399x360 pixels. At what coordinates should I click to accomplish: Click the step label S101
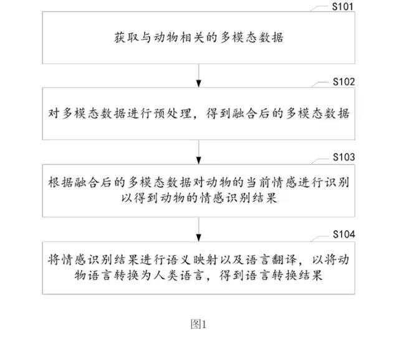click(344, 6)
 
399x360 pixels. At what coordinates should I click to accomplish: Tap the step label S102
click(344, 82)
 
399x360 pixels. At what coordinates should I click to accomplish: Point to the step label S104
click(344, 235)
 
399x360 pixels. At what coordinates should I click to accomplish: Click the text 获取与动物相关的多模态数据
click(199, 37)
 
